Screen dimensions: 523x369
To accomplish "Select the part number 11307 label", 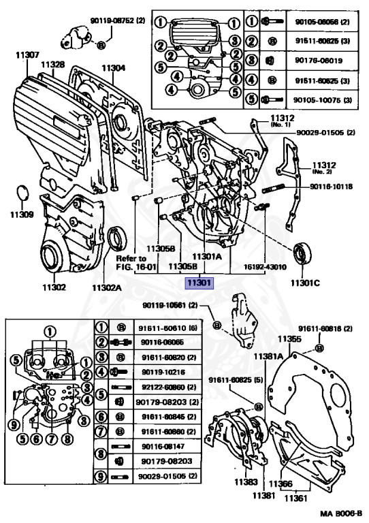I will point(22,54).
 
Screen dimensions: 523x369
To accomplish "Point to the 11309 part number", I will point(21,215).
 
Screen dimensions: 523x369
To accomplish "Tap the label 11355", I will point(289,338).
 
